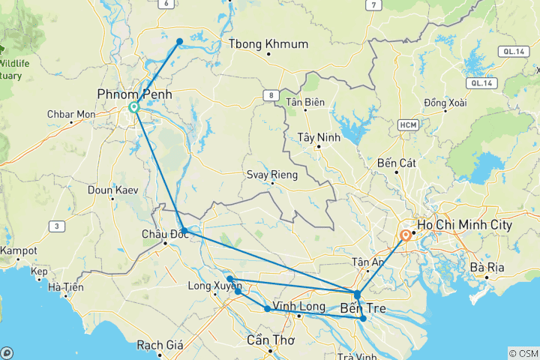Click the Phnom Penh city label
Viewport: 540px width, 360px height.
pyautogui.click(x=134, y=94)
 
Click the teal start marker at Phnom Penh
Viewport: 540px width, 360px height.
pyautogui.click(x=134, y=107)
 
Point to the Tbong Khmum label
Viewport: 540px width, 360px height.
pyautogui.click(x=268, y=44)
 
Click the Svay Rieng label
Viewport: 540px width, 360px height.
pyautogui.click(x=271, y=175)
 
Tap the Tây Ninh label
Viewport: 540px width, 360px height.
pyautogui.click(x=319, y=137)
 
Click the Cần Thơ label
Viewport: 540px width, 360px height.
pyautogui.click(x=271, y=340)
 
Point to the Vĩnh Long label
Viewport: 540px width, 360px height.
pyautogui.click(x=298, y=307)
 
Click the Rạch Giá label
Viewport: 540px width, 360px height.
pyautogui.click(x=160, y=346)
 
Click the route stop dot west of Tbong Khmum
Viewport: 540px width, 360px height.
pyautogui.click(x=180, y=41)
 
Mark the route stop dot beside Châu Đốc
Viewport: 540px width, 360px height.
pyautogui.click(x=184, y=231)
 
